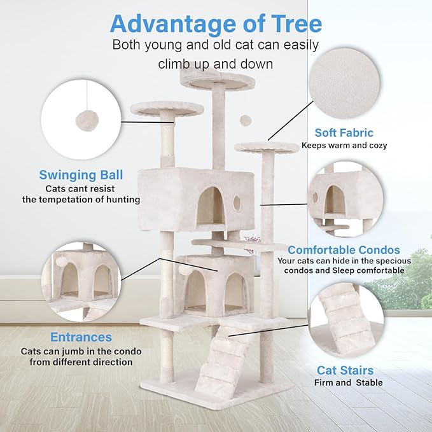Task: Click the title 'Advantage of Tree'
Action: (x=216, y=24)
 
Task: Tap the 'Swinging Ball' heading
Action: (x=81, y=174)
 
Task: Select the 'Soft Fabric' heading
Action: (x=344, y=133)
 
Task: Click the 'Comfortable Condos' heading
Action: (x=344, y=249)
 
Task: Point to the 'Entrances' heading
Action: (x=81, y=337)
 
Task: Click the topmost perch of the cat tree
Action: (x=214, y=79)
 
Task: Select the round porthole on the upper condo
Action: (x=237, y=203)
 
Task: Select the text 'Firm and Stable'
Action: (x=348, y=382)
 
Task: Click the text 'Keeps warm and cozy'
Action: (x=344, y=145)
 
